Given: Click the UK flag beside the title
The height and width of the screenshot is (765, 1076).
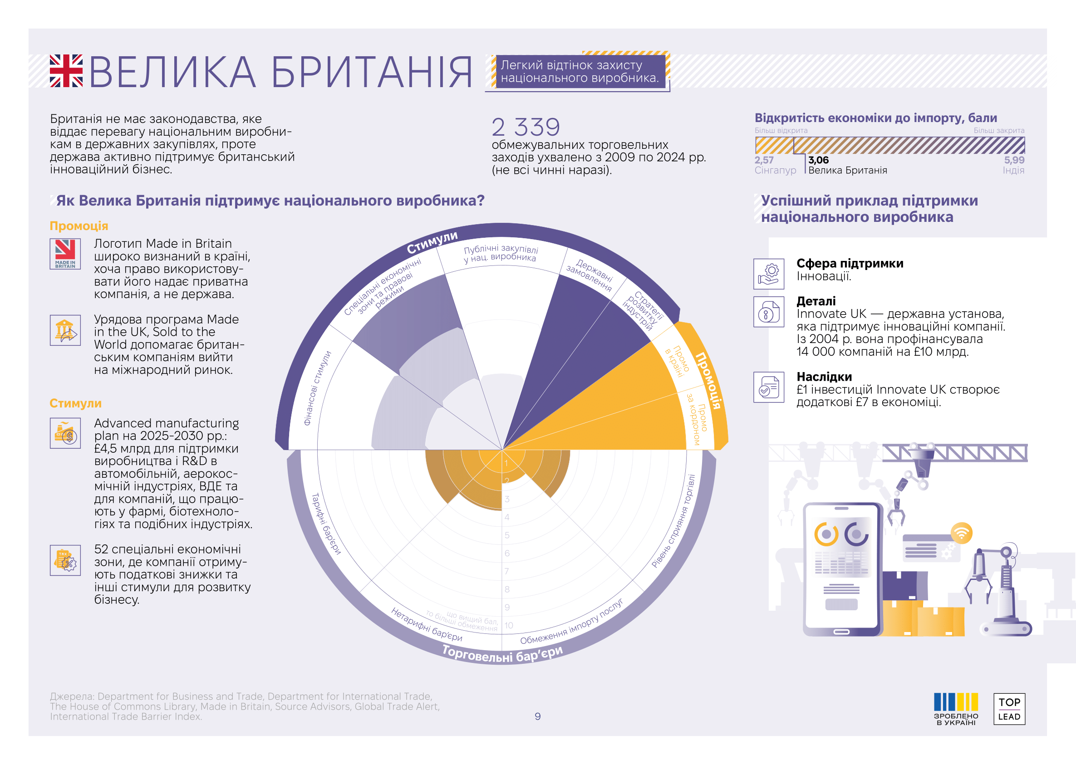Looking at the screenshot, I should (x=66, y=71).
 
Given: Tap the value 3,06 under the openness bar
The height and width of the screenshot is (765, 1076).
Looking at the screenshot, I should (x=818, y=160).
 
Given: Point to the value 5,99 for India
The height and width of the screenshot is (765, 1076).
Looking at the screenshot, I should (x=1013, y=160).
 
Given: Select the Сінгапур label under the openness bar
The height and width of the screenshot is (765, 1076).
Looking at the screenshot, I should (x=775, y=171).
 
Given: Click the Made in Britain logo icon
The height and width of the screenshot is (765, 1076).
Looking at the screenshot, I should (x=65, y=254).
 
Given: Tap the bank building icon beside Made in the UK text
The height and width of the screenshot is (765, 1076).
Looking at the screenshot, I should (x=65, y=330).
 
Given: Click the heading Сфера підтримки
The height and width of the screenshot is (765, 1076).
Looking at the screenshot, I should (x=850, y=263).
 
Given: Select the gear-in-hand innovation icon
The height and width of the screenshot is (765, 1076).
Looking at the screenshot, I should (x=768, y=274).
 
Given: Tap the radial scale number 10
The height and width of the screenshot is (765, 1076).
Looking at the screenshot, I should (x=509, y=626).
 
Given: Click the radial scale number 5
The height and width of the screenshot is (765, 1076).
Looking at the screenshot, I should (x=507, y=535).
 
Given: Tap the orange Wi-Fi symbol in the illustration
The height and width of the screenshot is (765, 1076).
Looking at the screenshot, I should (x=961, y=533).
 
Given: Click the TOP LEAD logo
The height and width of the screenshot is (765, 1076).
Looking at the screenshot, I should (x=1009, y=709).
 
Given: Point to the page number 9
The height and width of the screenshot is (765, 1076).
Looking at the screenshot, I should (x=537, y=716).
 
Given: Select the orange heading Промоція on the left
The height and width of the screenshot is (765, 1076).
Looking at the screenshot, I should (x=79, y=226).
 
